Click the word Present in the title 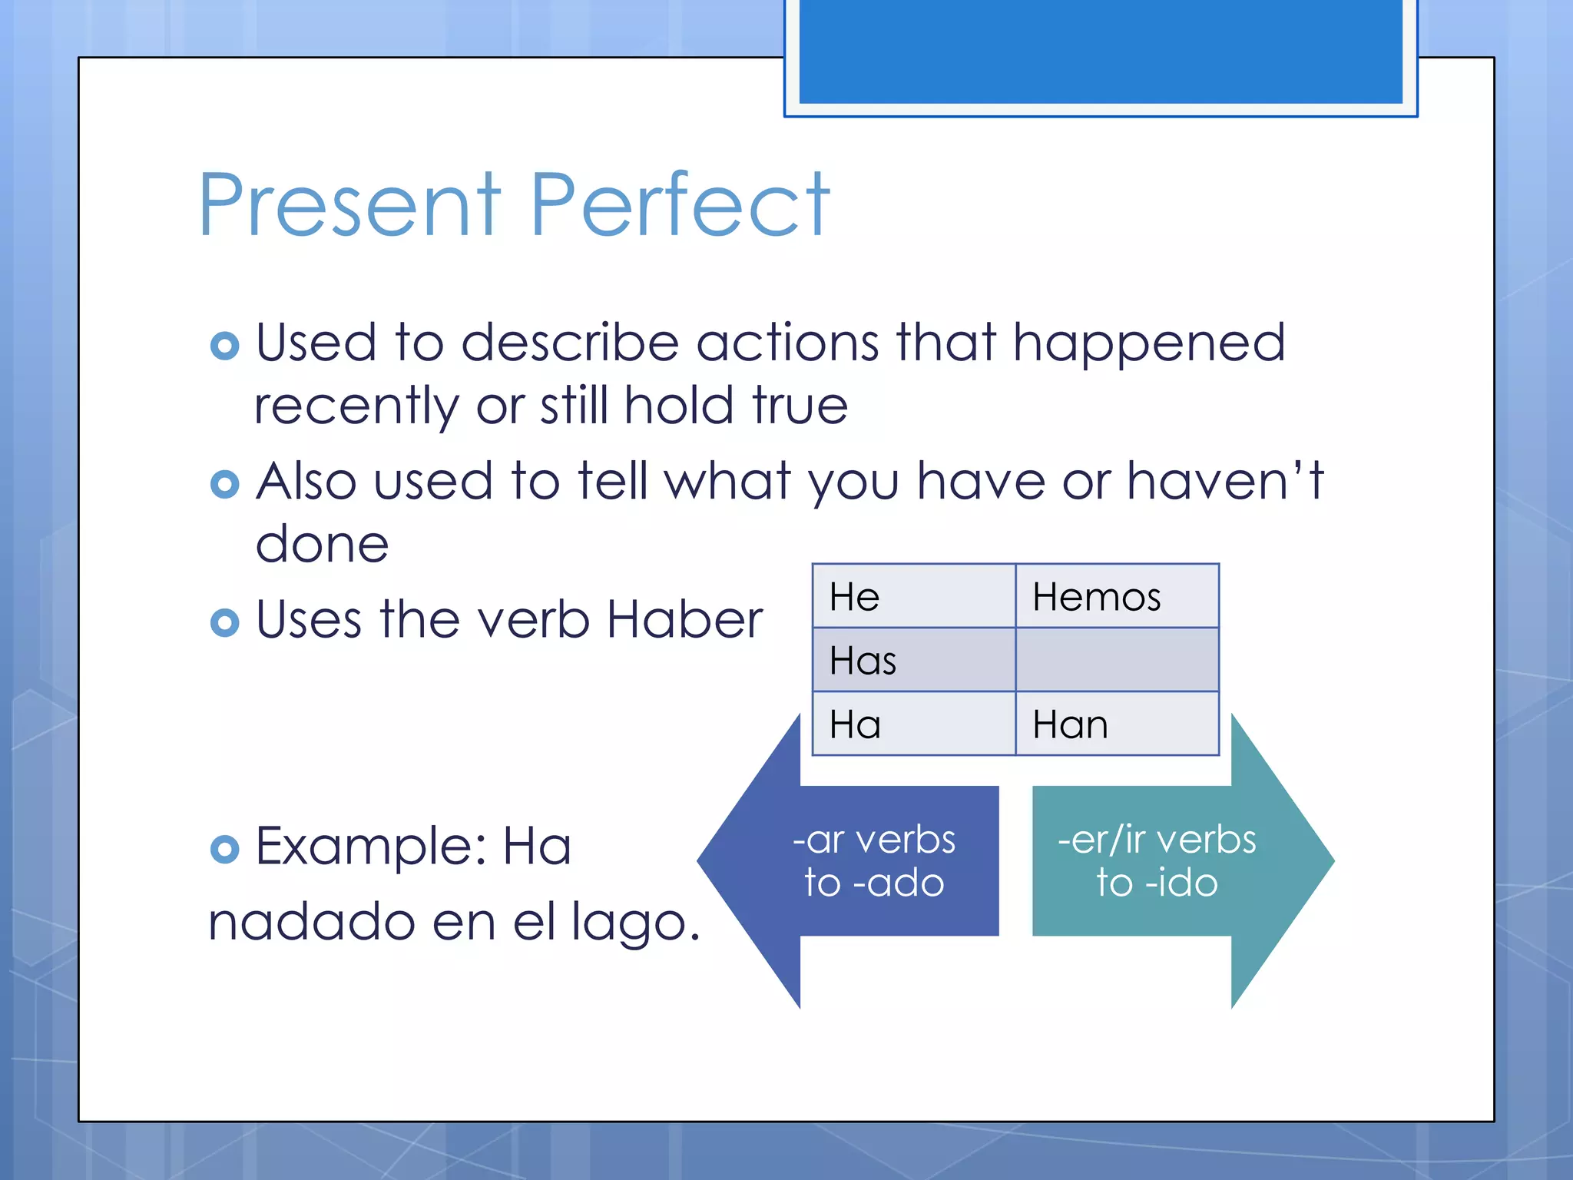click(x=349, y=205)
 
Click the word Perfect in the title click(x=680, y=205)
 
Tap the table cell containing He click(x=913, y=596)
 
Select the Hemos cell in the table click(x=1116, y=596)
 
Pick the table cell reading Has click(x=913, y=660)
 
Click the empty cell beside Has click(x=1116, y=660)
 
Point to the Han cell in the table click(x=1116, y=724)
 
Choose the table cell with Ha click(x=913, y=724)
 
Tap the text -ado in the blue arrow click(x=899, y=883)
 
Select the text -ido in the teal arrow click(x=1181, y=883)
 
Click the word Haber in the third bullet click(x=684, y=619)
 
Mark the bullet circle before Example click(x=224, y=849)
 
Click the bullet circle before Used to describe click(x=224, y=346)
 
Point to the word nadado click(x=311, y=921)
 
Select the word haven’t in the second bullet click(x=1225, y=482)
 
